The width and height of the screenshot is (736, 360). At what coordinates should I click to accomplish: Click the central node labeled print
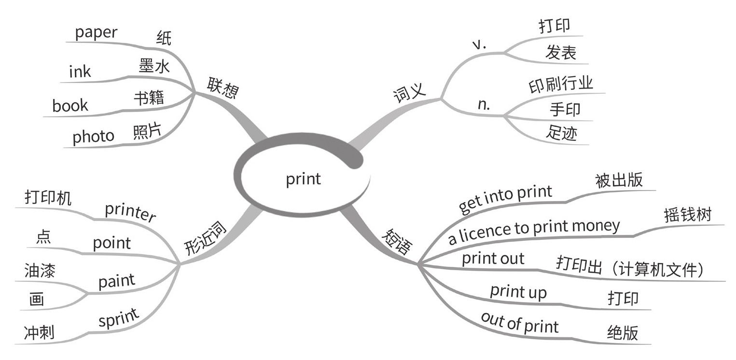pos(303,179)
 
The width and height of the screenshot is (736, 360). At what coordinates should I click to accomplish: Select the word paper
pos(96,32)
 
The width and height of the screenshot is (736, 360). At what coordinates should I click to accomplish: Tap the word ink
pos(80,72)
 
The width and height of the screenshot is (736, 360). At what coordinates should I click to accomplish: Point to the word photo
pos(93,137)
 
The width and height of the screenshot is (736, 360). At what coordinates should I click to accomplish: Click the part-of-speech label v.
pos(479,44)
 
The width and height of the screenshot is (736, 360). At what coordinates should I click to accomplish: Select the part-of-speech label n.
pos(484,105)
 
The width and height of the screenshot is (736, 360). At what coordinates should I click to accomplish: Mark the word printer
pos(131,212)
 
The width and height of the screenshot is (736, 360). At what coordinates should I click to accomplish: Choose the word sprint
pos(118,318)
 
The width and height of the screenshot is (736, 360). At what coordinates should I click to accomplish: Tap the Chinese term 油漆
pos(40,271)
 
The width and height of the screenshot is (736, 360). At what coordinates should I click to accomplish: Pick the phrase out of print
pos(519,323)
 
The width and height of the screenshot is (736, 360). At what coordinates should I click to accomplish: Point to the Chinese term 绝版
pos(623,333)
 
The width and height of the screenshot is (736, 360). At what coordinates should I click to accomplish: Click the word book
pos(70,105)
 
